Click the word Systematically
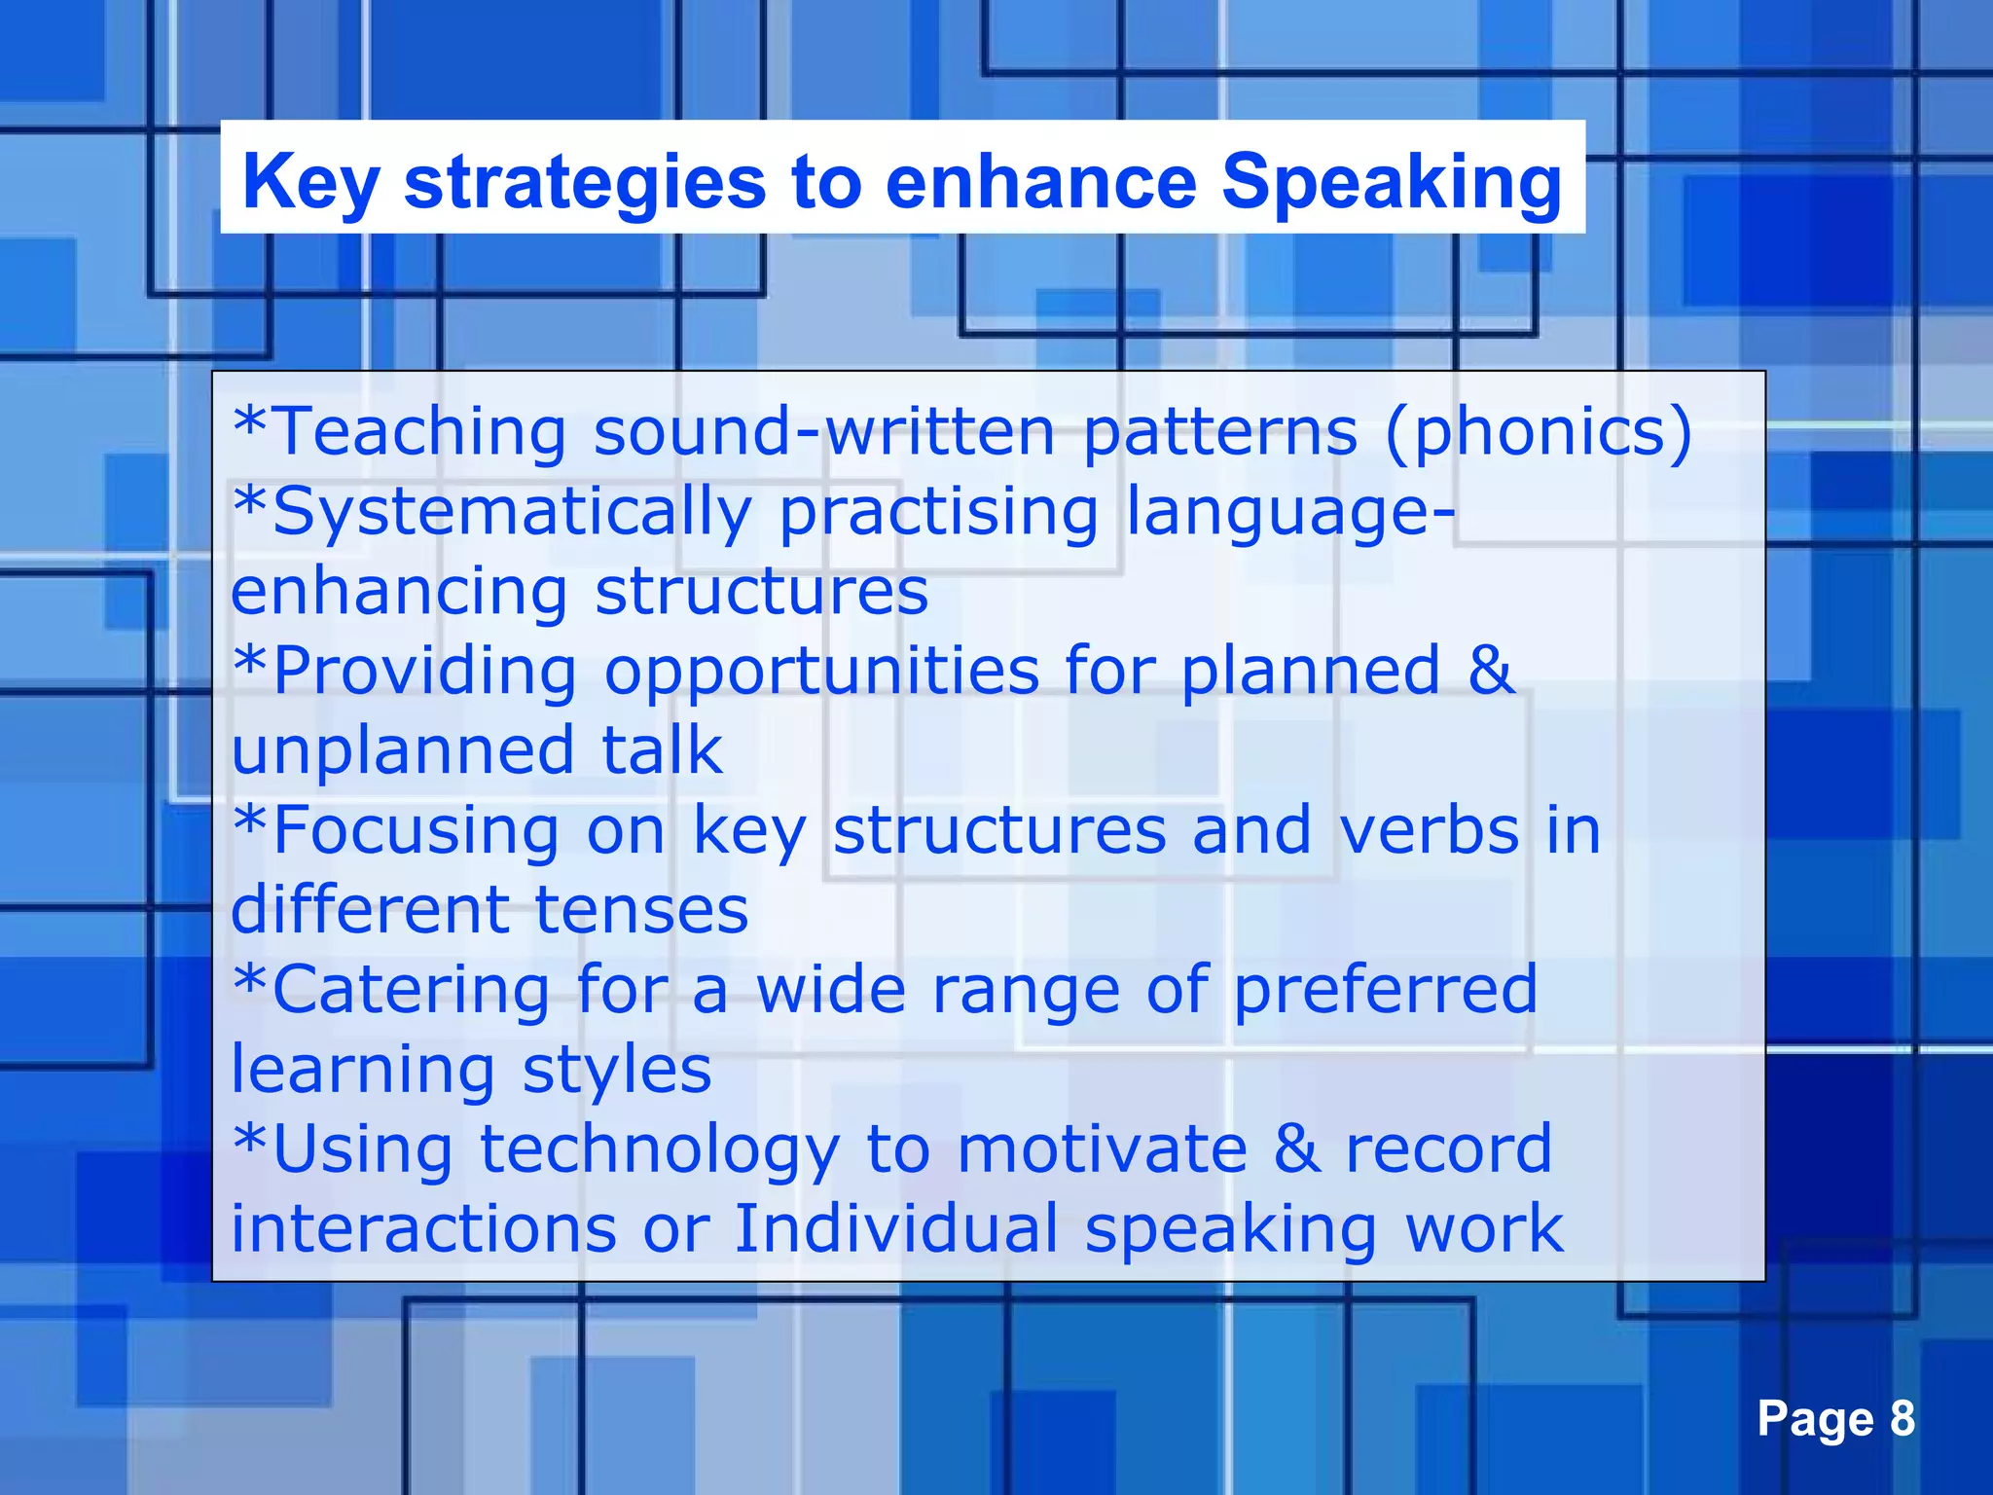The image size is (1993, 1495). tap(512, 512)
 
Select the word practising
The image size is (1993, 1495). tap(938, 512)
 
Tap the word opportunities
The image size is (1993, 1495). tap(821, 671)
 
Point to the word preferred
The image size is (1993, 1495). tap(1386, 990)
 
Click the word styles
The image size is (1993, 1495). tap(617, 1071)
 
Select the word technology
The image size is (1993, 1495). tap(660, 1150)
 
